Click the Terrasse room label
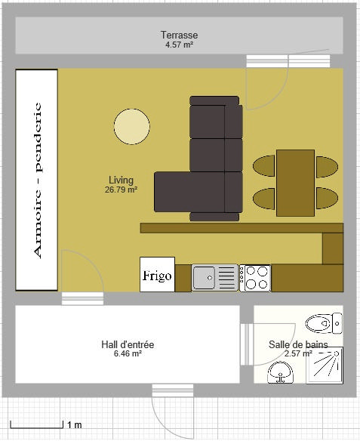click(x=180, y=35)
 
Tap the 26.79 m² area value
click(x=121, y=190)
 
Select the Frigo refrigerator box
click(x=158, y=275)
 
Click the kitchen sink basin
click(x=204, y=278)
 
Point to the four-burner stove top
click(x=255, y=278)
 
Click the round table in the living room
click(x=132, y=126)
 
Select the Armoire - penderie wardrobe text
click(x=38, y=180)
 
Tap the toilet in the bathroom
click(x=324, y=323)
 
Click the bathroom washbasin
click(x=281, y=372)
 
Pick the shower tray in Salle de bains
click(x=325, y=365)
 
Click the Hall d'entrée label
click(x=128, y=344)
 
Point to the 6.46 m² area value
click(x=128, y=353)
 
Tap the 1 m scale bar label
click(x=75, y=424)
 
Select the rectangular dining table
click(x=295, y=183)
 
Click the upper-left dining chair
click(x=264, y=166)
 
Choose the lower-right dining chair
click(x=327, y=199)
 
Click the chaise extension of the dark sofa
click(x=189, y=192)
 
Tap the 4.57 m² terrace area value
click(x=180, y=45)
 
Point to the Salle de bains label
click(x=298, y=344)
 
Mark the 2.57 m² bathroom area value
click(x=298, y=353)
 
